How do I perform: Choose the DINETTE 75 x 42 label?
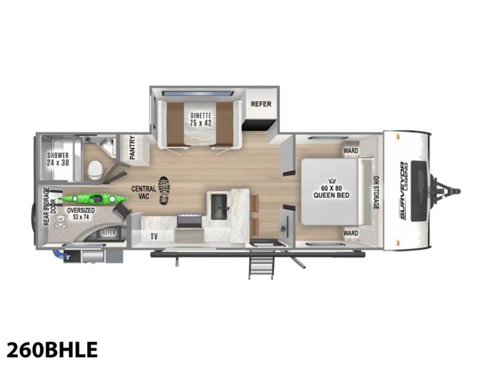click(200, 117)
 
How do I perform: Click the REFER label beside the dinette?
click(261, 104)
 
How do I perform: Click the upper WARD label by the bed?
click(351, 150)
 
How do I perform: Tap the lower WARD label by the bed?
click(351, 233)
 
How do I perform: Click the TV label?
click(153, 236)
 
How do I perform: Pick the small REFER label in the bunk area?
click(108, 232)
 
